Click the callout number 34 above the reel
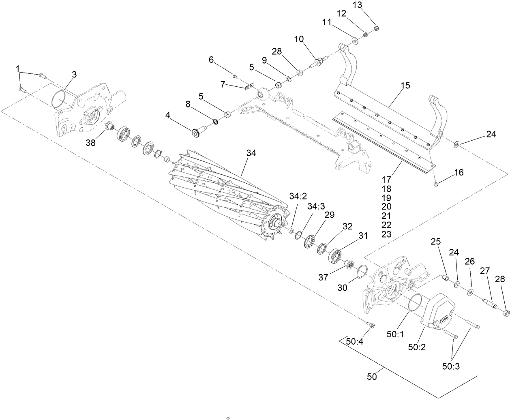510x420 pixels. click(x=251, y=153)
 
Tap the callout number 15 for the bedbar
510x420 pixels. click(x=405, y=85)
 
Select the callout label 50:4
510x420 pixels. click(x=354, y=341)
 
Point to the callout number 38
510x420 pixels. click(x=91, y=142)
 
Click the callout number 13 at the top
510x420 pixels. click(x=357, y=4)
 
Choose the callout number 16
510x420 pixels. click(x=459, y=172)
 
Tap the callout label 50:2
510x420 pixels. click(x=416, y=347)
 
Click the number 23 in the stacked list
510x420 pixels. click(x=386, y=234)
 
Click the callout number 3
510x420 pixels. click(x=74, y=74)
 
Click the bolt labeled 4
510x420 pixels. click(x=199, y=132)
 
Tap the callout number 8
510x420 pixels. click(x=188, y=104)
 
